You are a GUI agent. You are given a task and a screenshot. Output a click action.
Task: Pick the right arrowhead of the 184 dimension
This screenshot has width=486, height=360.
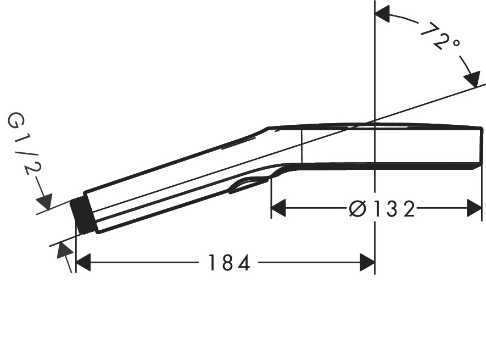pyautogui.click(x=367, y=263)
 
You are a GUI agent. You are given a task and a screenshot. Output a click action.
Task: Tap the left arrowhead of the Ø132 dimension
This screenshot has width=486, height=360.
pyautogui.click(x=280, y=209)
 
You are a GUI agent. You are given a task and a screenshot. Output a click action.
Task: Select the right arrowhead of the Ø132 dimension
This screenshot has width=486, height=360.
pyautogui.click(x=474, y=209)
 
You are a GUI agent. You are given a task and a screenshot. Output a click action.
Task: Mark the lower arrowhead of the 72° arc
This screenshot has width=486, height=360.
pyautogui.click(x=471, y=79)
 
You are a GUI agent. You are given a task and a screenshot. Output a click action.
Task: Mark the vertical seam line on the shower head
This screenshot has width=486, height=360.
pyautogui.click(x=301, y=146)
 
